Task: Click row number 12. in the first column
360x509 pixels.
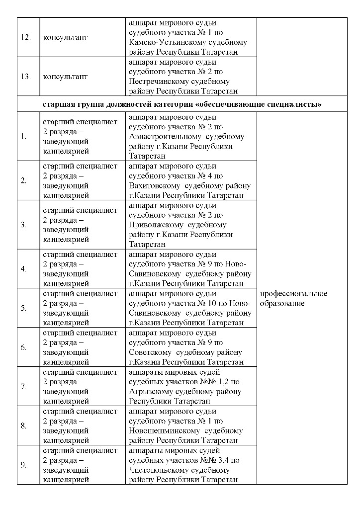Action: click(x=23, y=38)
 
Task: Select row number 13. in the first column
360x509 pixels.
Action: click(x=23, y=77)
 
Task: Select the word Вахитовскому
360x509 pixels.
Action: click(x=152, y=185)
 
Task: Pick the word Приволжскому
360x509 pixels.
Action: click(x=153, y=225)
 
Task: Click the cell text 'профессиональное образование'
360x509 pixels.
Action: click(x=293, y=298)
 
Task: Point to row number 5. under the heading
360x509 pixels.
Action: click(x=23, y=308)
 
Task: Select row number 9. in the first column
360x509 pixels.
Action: click(x=23, y=465)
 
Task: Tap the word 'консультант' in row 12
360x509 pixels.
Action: click(x=65, y=38)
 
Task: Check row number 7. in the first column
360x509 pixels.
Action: click(x=23, y=387)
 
